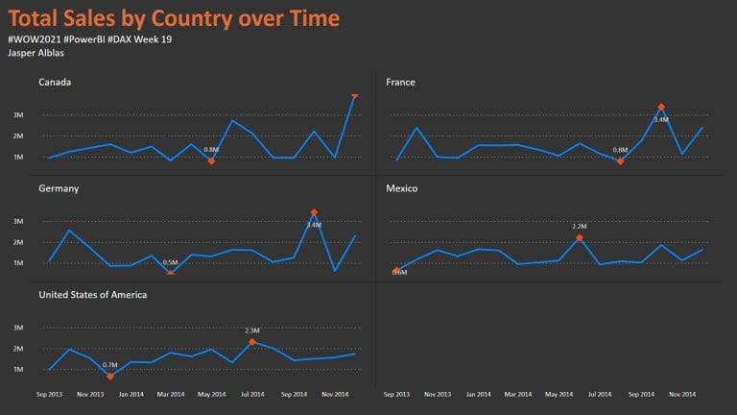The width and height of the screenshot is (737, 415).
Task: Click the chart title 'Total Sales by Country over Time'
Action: pos(174,18)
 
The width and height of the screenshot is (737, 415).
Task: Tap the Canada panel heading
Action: pos(55,82)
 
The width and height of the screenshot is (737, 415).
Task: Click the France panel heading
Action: pos(400,82)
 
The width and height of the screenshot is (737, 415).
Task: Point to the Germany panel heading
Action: pos(59,188)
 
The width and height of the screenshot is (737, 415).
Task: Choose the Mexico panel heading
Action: pos(402,188)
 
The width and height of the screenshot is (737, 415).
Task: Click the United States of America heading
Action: pos(93,294)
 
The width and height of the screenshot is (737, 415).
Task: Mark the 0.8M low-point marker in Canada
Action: pos(211,160)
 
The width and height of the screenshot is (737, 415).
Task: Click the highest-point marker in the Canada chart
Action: pos(355,95)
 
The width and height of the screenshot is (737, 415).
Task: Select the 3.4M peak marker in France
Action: pos(661,107)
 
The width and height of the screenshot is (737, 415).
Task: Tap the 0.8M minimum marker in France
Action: pos(620,161)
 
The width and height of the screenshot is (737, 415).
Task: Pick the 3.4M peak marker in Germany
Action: pos(314,212)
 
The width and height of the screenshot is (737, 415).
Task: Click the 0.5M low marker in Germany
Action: pos(171,274)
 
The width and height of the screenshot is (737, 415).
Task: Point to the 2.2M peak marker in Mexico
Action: pos(580,237)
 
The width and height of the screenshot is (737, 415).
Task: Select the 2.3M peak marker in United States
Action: pos(252,342)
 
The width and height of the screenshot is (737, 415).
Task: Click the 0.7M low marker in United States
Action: pos(110,377)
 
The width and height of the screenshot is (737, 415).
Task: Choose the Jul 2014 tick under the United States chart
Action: pos(252,394)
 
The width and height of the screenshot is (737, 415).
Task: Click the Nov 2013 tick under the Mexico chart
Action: pos(438,394)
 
